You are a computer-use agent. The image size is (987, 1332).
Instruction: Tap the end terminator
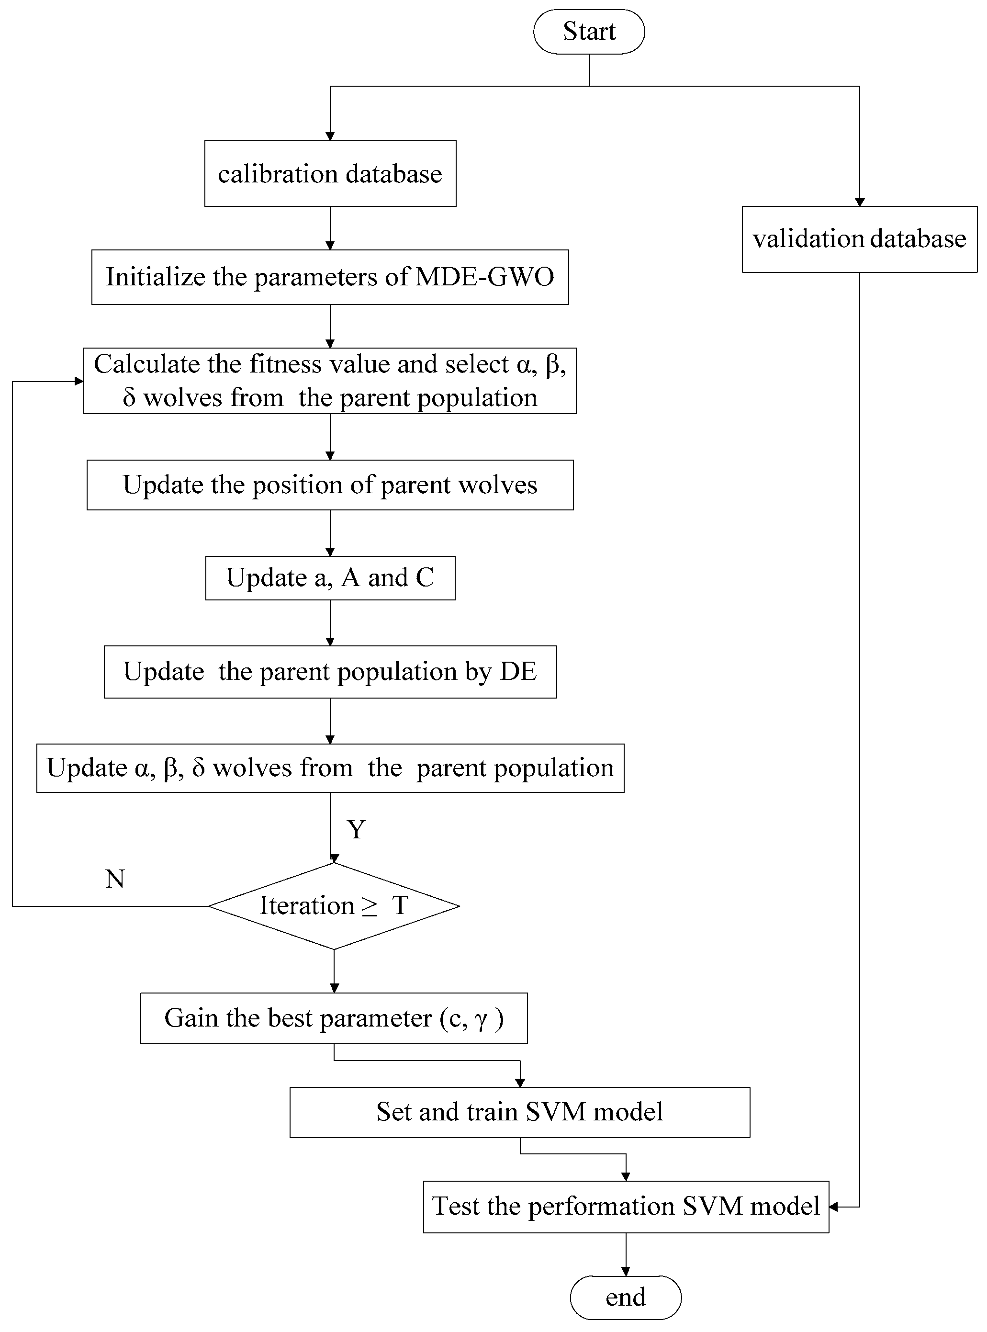click(625, 1298)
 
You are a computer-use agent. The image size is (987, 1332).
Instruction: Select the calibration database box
click(330, 174)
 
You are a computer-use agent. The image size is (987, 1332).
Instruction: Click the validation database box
click(859, 239)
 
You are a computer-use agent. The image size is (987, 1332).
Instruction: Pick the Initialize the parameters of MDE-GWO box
click(330, 277)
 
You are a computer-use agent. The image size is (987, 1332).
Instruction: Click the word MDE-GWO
click(484, 277)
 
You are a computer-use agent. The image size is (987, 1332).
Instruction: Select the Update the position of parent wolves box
click(330, 485)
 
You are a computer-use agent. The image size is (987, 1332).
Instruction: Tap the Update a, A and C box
click(330, 578)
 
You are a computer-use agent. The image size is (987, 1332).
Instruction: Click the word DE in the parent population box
click(518, 672)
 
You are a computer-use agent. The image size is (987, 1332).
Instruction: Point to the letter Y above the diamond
click(356, 829)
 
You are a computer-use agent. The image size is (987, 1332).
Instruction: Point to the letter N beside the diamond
click(115, 879)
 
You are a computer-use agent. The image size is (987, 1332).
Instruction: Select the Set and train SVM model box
click(519, 1112)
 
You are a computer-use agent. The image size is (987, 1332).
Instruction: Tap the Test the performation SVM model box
click(626, 1207)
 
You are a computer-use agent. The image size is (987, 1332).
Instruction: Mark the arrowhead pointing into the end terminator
click(626, 1272)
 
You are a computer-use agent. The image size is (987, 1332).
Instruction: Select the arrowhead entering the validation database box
click(859, 202)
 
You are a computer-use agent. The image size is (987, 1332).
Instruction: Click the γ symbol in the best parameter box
click(482, 1019)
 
